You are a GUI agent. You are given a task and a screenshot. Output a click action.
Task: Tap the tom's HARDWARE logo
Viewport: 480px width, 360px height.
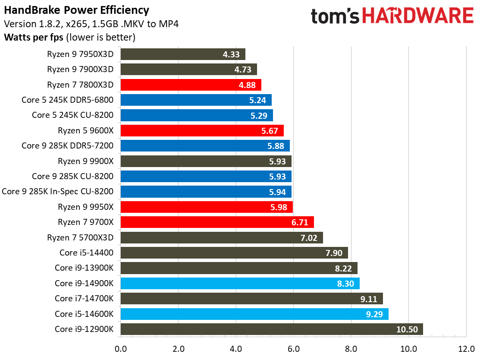pyautogui.click(x=392, y=16)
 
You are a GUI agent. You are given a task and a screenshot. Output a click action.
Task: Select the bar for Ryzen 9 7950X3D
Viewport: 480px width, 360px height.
pyautogui.click(x=183, y=54)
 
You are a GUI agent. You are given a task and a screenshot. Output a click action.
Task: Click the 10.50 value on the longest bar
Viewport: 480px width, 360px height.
pyautogui.click(x=407, y=329)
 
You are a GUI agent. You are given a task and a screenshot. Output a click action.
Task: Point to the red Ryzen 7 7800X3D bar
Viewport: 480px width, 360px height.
pyautogui.click(x=191, y=85)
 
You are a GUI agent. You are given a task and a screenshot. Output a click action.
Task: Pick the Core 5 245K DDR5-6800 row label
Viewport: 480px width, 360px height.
pyautogui.click(x=67, y=100)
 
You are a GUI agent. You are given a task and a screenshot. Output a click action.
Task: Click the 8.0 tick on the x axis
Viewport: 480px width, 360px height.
pyautogui.click(x=351, y=348)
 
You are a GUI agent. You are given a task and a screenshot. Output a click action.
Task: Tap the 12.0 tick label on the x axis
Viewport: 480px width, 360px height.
pyautogui.click(x=466, y=348)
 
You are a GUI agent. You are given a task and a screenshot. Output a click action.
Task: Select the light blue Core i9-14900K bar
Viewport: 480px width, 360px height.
pyautogui.click(x=240, y=283)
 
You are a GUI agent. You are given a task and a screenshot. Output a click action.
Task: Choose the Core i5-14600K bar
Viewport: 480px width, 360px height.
pyautogui.click(x=254, y=314)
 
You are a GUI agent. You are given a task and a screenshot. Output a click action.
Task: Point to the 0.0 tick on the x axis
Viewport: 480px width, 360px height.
pyautogui.click(x=121, y=348)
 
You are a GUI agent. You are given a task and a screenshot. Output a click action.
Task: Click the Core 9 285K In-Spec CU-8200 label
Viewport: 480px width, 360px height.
pyautogui.click(x=58, y=192)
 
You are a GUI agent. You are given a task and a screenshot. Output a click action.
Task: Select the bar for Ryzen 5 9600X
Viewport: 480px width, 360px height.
pyautogui.click(x=202, y=130)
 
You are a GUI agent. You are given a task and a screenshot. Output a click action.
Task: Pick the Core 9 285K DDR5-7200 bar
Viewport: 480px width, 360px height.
pyautogui.click(x=205, y=146)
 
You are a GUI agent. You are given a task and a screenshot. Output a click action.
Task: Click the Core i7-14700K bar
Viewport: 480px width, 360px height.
pyautogui.click(x=251, y=299)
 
